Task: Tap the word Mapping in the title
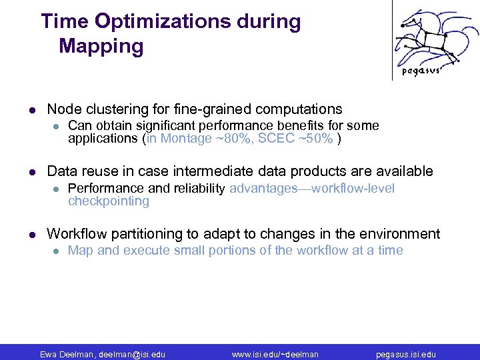[101, 47]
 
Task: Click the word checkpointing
[109, 201]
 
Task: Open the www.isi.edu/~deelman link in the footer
[275, 354]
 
